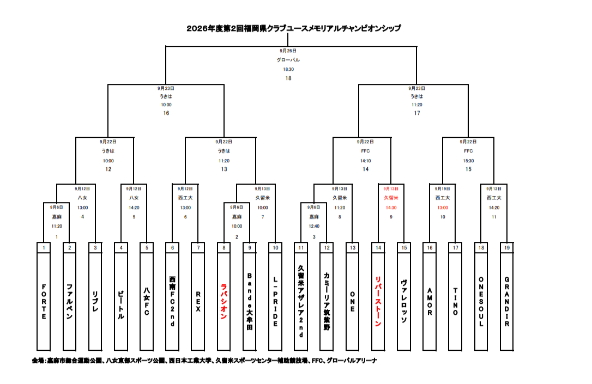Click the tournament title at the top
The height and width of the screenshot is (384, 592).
pos(294,28)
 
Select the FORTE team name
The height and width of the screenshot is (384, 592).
pos(44,302)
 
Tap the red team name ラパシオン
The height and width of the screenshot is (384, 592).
pos(224,302)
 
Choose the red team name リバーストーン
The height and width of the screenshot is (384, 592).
pos(378,302)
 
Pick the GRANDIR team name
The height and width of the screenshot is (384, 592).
pos(507,302)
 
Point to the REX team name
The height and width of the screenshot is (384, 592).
pos(198,302)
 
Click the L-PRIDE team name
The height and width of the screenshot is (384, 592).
pos(275,302)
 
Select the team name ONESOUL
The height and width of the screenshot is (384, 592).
pos(481,302)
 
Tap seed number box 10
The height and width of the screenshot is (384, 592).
pos(275,247)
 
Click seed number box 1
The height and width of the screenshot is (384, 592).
pos(44,247)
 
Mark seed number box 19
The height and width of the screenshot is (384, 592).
pos(507,247)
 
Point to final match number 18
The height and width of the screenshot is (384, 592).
pos(288,78)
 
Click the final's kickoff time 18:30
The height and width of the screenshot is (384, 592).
pos(288,69)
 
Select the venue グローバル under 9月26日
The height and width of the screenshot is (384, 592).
pos(288,60)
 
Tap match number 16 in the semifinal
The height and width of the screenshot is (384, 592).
pos(166,113)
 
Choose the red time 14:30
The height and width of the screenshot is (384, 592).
pos(391,208)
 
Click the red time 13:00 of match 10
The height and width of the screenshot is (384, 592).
pos(443,208)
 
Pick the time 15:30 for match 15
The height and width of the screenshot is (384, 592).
pos(469,161)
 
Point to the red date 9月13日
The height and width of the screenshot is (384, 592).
pos(391,188)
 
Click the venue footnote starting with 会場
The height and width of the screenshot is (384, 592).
pos(204,361)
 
